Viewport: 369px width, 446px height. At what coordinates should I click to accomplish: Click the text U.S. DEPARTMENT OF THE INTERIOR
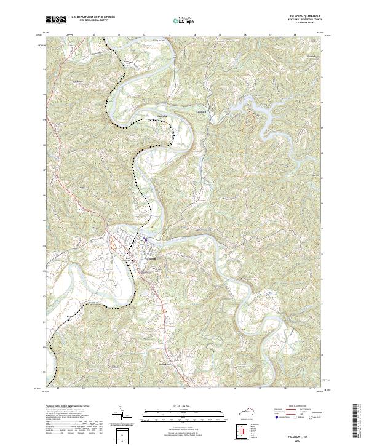(x=93, y=17)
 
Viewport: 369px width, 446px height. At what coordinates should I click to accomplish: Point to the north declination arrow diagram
(x=121, y=416)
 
